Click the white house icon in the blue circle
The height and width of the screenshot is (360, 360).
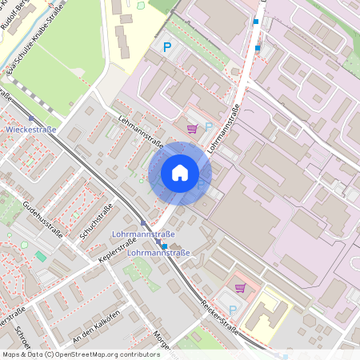click(180, 173)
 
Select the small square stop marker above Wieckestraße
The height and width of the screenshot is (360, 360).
click(31, 118)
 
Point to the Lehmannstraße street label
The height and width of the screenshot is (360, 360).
click(140, 133)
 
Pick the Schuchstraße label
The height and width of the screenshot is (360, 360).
click(94, 221)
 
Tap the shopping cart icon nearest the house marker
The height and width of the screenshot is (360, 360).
click(191, 127)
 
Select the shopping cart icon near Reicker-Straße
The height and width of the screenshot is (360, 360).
click(239, 288)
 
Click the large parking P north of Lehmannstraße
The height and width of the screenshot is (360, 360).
click(167, 48)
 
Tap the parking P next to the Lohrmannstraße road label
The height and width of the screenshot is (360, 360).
click(209, 126)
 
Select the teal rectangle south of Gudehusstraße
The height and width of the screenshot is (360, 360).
click(41, 256)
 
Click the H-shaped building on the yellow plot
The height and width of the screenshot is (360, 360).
click(264, 314)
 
